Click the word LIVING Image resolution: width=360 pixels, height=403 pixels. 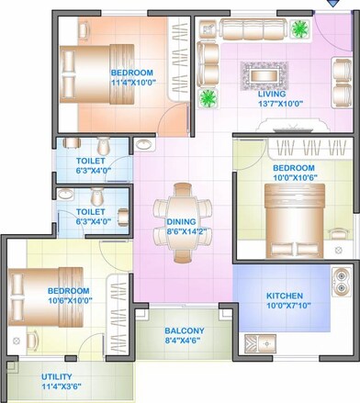coord(272,94)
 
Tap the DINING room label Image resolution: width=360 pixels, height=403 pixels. coord(181,221)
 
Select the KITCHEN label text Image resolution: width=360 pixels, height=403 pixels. coord(285,296)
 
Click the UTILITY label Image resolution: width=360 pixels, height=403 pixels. coord(57,376)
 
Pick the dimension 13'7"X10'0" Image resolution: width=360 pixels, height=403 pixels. coord(272,104)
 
